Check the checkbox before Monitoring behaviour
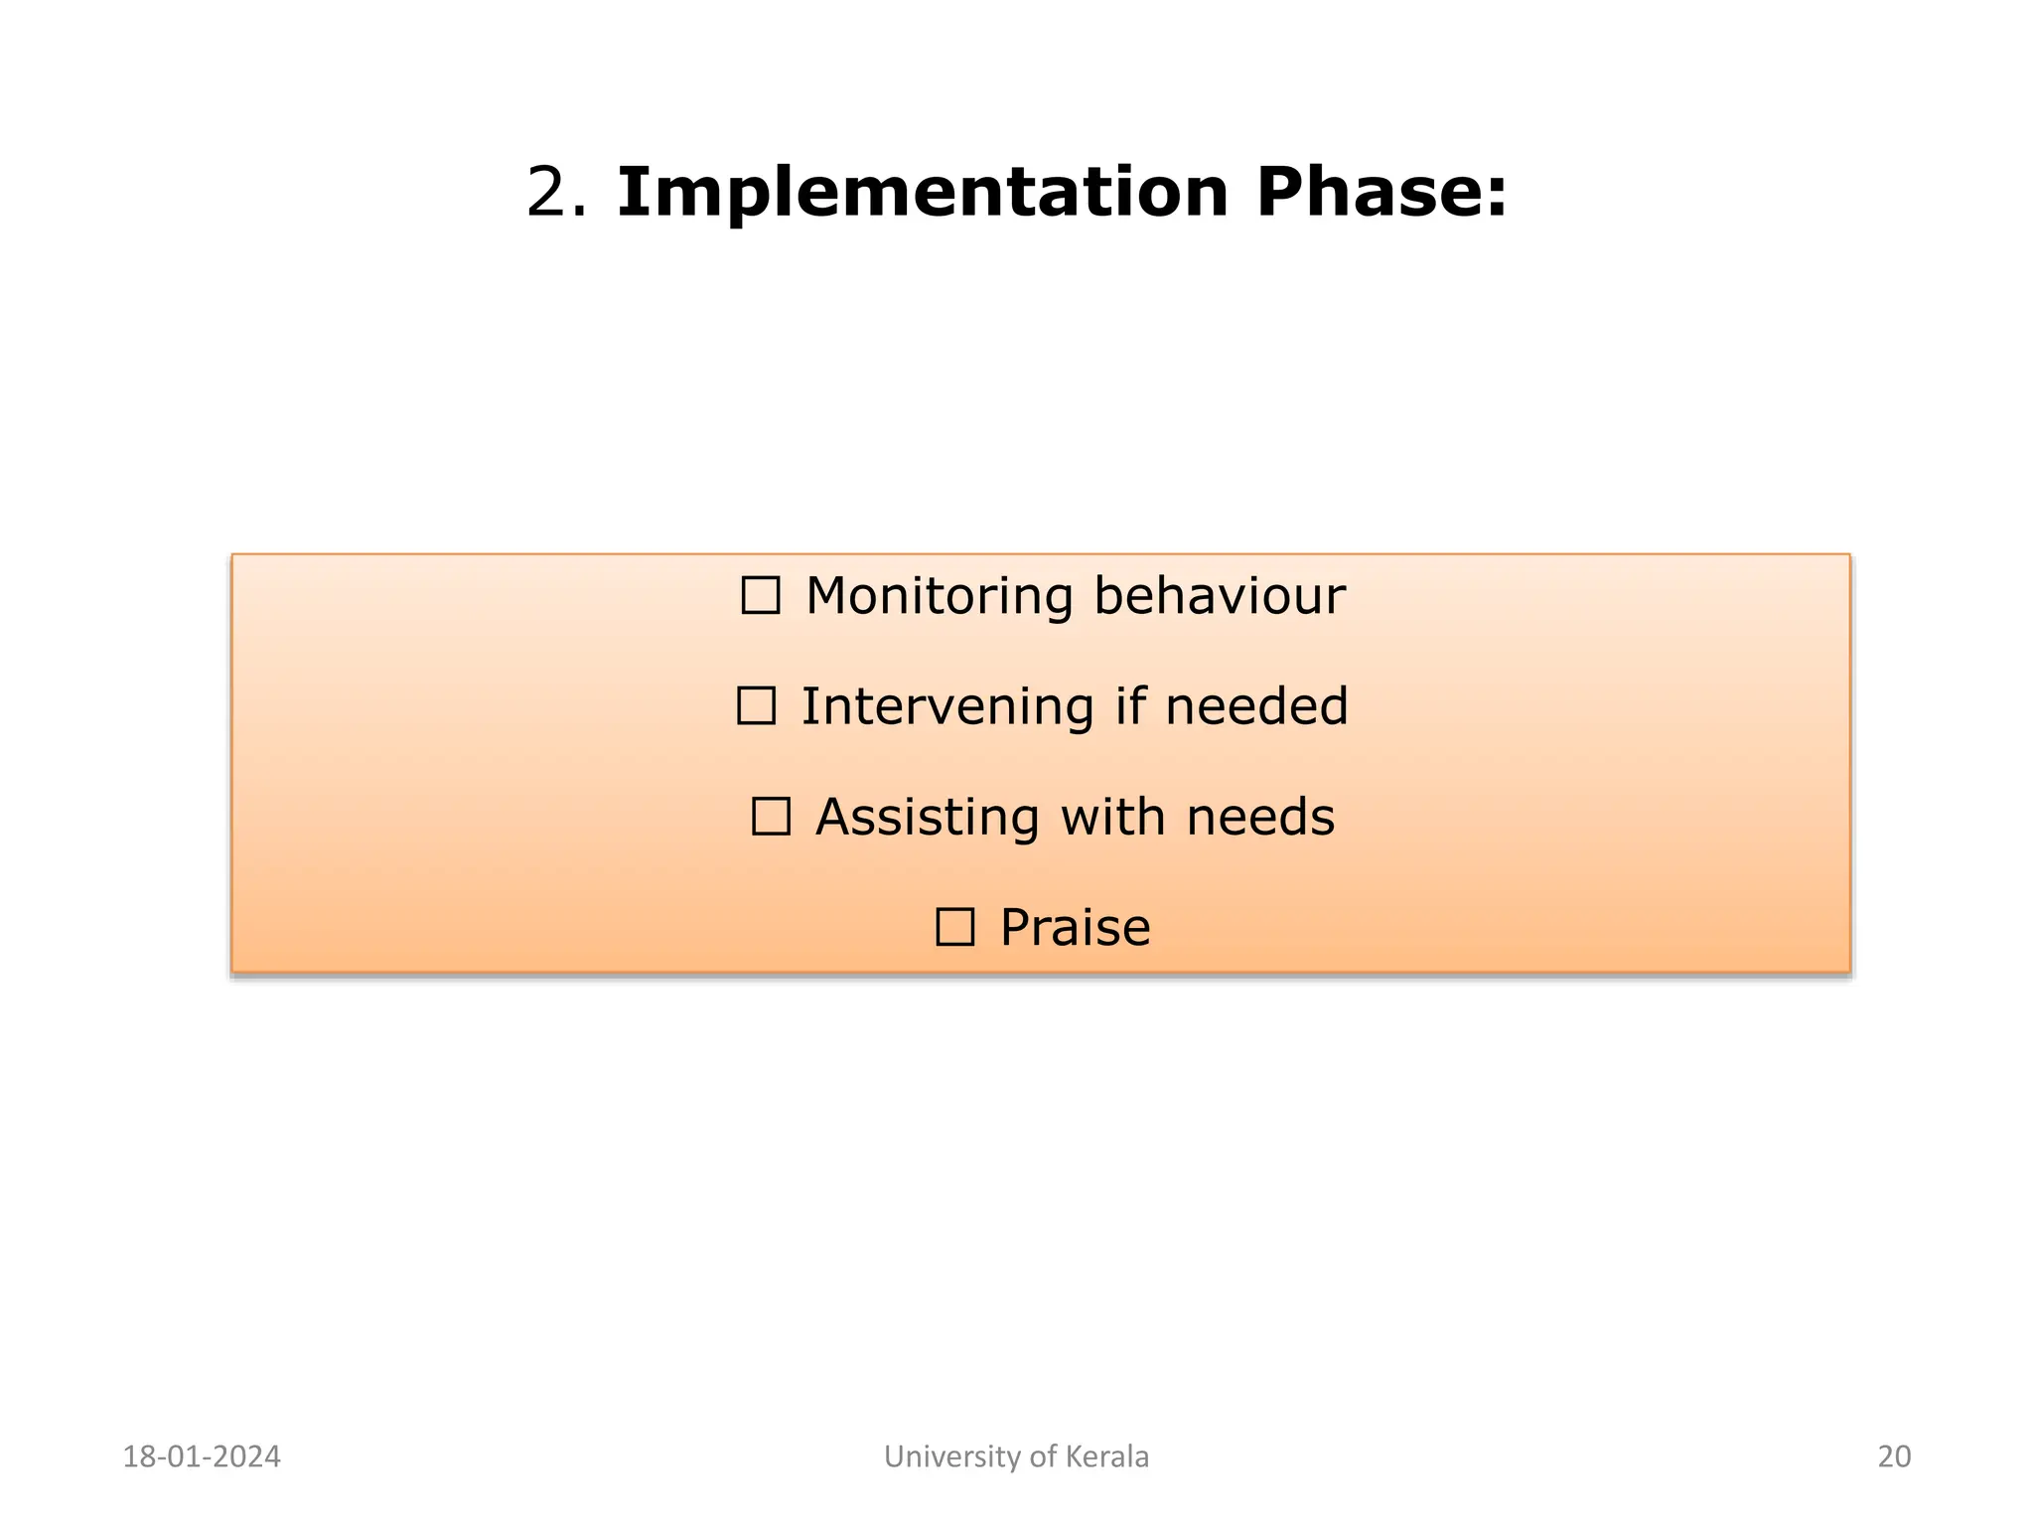click(761, 596)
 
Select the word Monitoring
click(939, 596)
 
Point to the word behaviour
click(1219, 596)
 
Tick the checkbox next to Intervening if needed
click(756, 706)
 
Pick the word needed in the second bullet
click(1256, 706)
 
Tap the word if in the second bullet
click(1130, 706)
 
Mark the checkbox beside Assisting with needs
click(771, 817)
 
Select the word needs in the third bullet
click(1260, 817)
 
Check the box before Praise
click(954, 927)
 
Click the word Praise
click(1075, 927)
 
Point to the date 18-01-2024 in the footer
click(202, 1456)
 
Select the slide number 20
click(1894, 1456)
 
